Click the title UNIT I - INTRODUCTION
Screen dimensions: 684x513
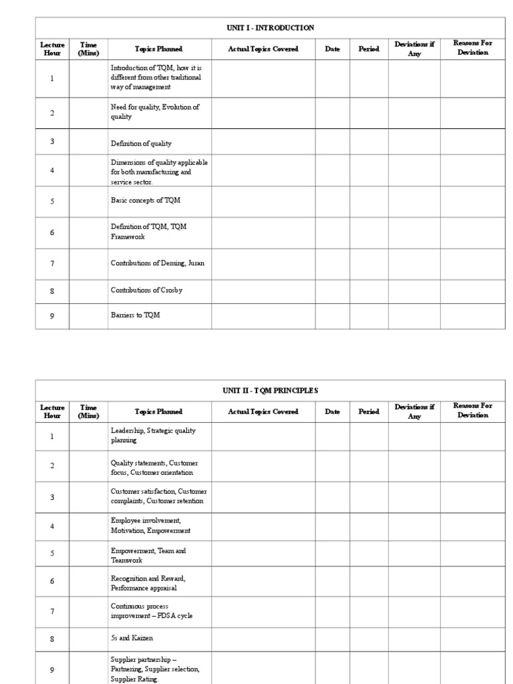pos(271,27)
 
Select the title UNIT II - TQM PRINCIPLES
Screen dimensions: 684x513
pos(271,390)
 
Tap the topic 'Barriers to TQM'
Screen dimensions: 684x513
pos(136,316)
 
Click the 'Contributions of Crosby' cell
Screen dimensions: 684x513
pos(146,290)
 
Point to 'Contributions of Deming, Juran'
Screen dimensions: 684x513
pos(157,263)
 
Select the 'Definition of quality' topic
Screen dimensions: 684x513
pos(141,144)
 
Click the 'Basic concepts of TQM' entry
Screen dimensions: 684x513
pos(145,200)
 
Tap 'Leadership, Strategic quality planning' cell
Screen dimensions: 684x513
pos(153,436)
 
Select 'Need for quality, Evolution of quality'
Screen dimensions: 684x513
pos(155,112)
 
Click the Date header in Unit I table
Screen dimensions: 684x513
pos(332,49)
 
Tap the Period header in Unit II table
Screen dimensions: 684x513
pos(369,411)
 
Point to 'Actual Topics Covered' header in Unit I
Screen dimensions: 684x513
pos(263,49)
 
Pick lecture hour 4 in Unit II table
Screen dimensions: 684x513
pos(52,526)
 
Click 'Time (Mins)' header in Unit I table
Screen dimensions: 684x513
pos(88,49)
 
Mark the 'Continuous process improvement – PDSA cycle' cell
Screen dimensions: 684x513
pos(152,611)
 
